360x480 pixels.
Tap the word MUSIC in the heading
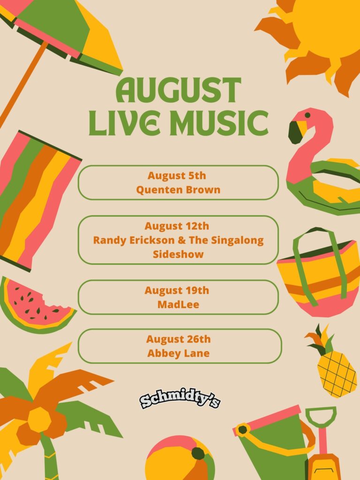pyautogui.click(x=219, y=123)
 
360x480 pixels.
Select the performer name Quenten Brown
pyautogui.click(x=178, y=190)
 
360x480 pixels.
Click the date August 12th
pyautogui.click(x=177, y=226)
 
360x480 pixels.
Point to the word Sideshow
pyautogui.click(x=178, y=254)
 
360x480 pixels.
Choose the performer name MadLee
pyautogui.click(x=178, y=305)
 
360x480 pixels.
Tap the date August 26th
pyautogui.click(x=179, y=339)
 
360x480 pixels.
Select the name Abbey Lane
pyautogui.click(x=179, y=353)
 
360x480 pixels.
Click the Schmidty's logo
pyautogui.click(x=180, y=400)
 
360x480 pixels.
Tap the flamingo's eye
pyautogui.click(x=307, y=115)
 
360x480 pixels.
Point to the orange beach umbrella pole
pyautogui.click(x=23, y=82)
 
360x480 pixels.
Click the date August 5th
pyautogui.click(x=177, y=176)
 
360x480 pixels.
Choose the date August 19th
pyautogui.click(x=177, y=290)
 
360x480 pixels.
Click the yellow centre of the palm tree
pyautogui.click(x=39, y=420)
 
